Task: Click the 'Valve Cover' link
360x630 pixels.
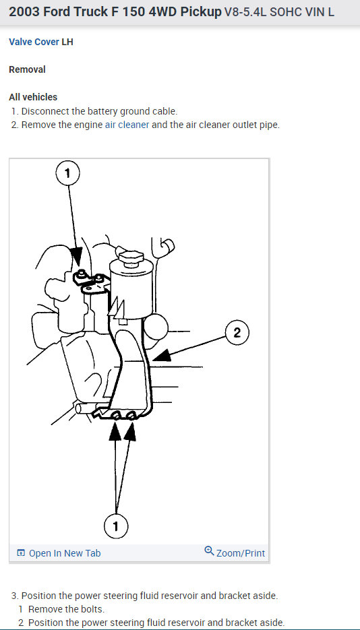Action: tap(34, 42)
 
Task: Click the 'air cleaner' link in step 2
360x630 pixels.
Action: tap(127, 125)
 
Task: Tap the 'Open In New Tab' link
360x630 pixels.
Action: tap(64, 553)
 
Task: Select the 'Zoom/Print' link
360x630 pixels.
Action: tap(240, 553)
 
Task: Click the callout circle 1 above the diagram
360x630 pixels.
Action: tap(67, 174)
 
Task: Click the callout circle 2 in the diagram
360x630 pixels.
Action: tap(237, 332)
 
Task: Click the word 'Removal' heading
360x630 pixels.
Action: tap(27, 69)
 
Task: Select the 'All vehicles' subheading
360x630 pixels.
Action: tap(33, 97)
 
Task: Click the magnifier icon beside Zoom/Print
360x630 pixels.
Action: tap(209, 552)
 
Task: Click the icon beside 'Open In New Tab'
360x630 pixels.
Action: tap(20, 553)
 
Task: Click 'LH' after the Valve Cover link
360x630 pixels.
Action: tap(67, 42)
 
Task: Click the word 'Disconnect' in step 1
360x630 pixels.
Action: tap(45, 111)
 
